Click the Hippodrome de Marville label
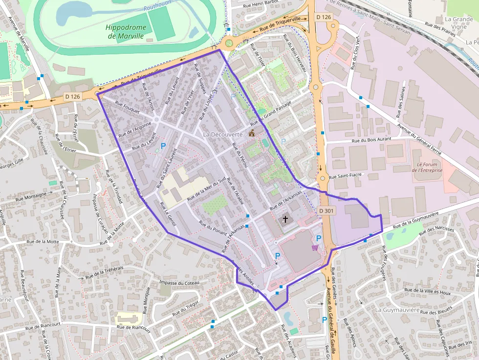point(125,31)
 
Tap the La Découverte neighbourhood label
point(222,134)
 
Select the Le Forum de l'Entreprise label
point(427,167)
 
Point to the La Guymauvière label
point(397,310)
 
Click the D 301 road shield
point(327,211)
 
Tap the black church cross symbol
point(285,219)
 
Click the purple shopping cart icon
point(315,248)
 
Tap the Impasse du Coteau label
point(180,283)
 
